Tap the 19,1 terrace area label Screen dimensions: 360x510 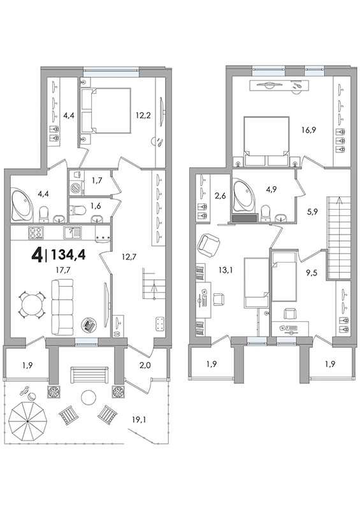coord(140,419)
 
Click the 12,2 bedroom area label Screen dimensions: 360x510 coord(143,115)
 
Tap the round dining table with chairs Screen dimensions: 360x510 coord(32,305)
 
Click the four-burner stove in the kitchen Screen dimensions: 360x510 coord(36,233)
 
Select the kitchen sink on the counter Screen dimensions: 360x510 coord(73,233)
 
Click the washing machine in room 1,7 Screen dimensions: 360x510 coord(77,189)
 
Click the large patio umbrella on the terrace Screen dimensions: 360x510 coord(27,421)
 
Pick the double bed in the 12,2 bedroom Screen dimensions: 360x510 coord(105,111)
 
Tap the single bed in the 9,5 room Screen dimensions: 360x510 coord(284,277)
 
